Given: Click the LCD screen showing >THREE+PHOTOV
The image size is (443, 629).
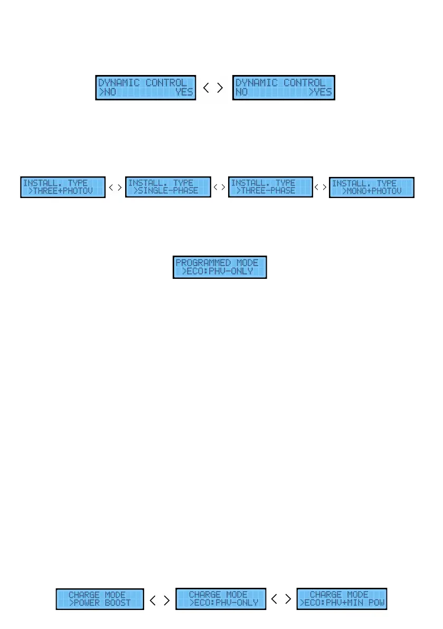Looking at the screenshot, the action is coord(63,187).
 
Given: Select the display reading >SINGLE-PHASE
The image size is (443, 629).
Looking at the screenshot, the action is coord(168,187).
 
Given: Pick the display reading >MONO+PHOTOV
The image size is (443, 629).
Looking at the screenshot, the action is coord(372,187).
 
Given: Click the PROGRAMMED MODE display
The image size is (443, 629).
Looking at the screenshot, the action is coord(220,267).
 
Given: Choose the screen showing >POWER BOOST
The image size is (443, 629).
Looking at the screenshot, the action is coord(100,599).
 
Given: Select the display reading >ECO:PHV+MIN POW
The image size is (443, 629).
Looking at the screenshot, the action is coord(342,599).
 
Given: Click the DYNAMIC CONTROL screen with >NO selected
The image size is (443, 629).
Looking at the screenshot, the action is coord(145,88).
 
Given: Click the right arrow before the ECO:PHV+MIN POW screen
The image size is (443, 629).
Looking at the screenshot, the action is coord(288,599).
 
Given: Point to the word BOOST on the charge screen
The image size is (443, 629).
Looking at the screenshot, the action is coord(117,603).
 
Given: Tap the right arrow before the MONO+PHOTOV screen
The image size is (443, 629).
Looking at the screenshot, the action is coord(323,187).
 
